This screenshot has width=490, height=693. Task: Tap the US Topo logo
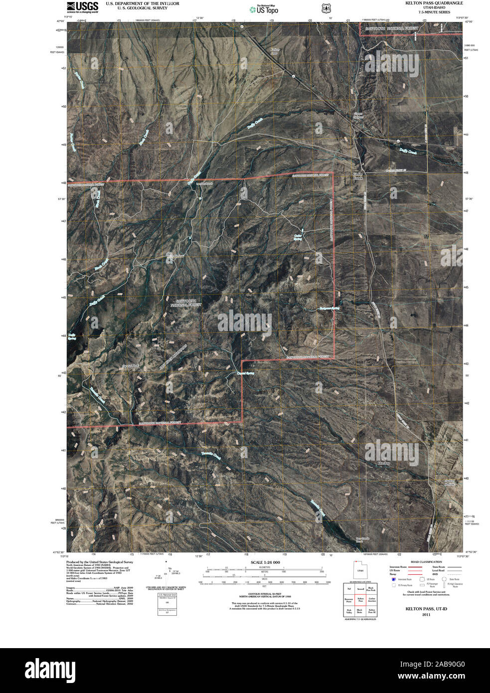[264, 8]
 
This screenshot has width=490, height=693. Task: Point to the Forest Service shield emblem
[325, 8]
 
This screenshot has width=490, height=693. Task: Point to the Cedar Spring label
[298, 236]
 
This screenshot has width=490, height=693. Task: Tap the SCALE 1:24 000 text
[266, 562]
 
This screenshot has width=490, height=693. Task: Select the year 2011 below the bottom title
[426, 615]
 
